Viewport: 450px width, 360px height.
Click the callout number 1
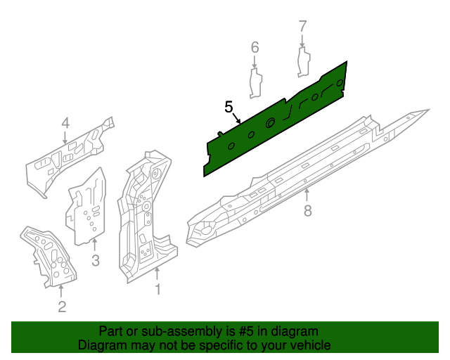point(158,289)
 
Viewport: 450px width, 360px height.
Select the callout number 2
point(62,306)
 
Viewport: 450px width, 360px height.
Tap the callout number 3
point(96,261)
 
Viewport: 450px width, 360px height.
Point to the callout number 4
point(65,124)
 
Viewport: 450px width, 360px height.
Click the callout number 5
point(229,107)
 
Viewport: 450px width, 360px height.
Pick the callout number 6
point(255,47)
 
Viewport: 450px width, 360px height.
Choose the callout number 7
point(303,27)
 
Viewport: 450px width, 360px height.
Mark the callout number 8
point(307,210)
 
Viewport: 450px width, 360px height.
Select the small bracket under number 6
point(256,82)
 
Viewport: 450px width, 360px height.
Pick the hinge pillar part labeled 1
point(144,211)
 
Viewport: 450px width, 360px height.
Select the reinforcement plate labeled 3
point(88,204)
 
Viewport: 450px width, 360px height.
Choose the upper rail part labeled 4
point(67,158)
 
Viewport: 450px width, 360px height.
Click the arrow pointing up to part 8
point(307,194)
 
